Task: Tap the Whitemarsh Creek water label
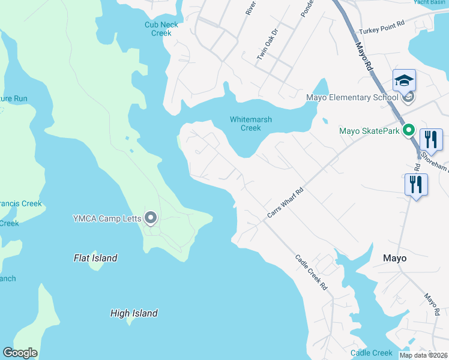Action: [251, 124]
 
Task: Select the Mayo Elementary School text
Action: [352, 98]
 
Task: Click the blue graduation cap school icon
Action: [404, 80]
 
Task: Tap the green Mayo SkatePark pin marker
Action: [409, 130]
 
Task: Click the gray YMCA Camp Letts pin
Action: [151, 218]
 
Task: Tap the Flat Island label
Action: [95, 258]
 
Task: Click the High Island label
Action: [134, 313]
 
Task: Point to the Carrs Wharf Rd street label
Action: [285, 205]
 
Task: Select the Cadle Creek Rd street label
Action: [311, 273]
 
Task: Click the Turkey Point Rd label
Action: [382, 31]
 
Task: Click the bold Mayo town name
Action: [394, 258]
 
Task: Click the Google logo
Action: [20, 353]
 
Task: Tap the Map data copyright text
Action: [423, 355]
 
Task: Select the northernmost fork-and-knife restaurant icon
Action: [430, 139]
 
